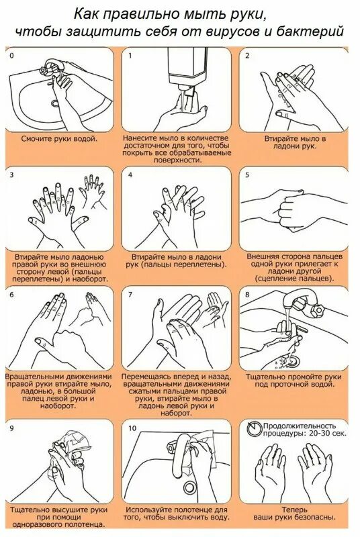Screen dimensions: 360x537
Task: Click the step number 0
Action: click(12, 56)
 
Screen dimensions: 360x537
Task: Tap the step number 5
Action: click(247, 175)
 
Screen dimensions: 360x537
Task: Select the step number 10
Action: click(132, 428)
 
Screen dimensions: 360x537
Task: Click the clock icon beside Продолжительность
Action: click(254, 428)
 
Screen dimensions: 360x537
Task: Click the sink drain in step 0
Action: click(55, 103)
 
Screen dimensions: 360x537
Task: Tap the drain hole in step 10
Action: click(189, 487)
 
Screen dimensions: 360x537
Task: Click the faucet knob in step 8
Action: click(317, 311)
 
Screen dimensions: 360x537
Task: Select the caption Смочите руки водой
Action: click(59, 139)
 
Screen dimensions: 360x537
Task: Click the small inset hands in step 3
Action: click(91, 192)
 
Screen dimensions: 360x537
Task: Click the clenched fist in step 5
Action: click(290, 211)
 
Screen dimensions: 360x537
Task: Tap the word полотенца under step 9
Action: click(87, 525)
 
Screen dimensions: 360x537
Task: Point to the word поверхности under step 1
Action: click(177, 160)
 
